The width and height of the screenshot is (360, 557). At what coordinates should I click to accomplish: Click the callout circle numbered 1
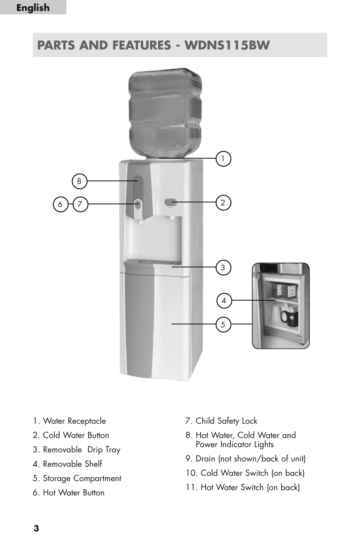click(x=223, y=158)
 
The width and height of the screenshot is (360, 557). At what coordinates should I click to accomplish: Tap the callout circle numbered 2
click(x=223, y=203)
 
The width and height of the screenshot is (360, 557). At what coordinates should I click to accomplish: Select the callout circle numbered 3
click(x=223, y=267)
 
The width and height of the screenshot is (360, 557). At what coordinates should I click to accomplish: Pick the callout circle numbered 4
click(x=224, y=300)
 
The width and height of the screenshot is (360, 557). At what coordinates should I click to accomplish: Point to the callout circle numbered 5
click(x=223, y=324)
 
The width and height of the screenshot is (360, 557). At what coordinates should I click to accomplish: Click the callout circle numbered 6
click(x=60, y=204)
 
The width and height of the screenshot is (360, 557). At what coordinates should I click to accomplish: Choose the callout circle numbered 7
click(x=80, y=204)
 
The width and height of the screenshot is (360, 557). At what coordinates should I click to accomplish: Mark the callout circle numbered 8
click(x=79, y=181)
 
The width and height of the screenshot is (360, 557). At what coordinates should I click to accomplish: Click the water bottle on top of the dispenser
click(x=165, y=113)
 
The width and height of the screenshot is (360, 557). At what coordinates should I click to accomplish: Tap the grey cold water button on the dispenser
click(x=171, y=202)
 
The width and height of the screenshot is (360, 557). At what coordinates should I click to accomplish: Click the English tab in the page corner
click(x=33, y=8)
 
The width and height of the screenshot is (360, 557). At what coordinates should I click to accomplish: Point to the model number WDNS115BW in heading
click(x=227, y=45)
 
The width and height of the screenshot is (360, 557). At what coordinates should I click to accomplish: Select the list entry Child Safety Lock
click(x=222, y=421)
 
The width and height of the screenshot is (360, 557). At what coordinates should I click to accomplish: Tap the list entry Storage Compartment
click(x=77, y=478)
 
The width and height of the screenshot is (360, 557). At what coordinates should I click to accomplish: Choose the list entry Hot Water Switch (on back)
click(x=243, y=488)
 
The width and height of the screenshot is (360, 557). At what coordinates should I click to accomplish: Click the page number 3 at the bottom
click(x=36, y=528)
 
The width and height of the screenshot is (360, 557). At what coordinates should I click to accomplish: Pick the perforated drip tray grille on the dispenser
click(x=153, y=262)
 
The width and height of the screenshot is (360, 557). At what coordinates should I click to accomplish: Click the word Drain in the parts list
click(x=205, y=458)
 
